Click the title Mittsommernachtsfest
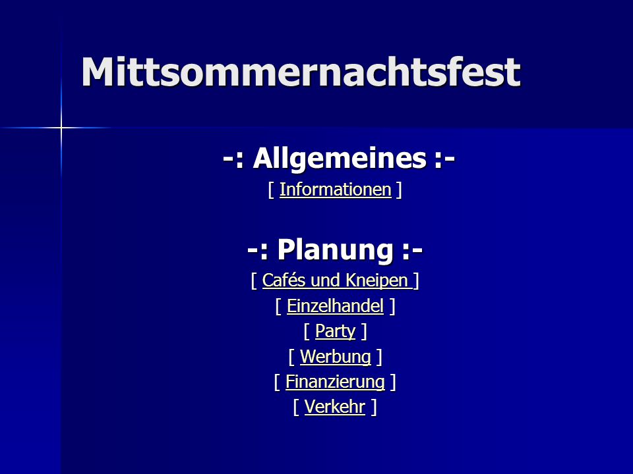[301, 72]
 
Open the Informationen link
[336, 190]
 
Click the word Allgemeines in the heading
[340, 159]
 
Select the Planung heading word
[335, 250]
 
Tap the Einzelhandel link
[335, 306]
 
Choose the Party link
[335, 332]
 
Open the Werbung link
[336, 357]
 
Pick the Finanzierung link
[335, 382]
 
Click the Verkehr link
[335, 407]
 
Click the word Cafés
[284, 280]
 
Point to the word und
[325, 281]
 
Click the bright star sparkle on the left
[61, 128]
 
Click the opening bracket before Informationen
[271, 190]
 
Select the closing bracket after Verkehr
[374, 407]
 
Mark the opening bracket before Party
[307, 332]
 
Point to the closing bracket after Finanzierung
[393, 382]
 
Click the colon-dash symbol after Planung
[412, 251]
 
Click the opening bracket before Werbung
[292, 357]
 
